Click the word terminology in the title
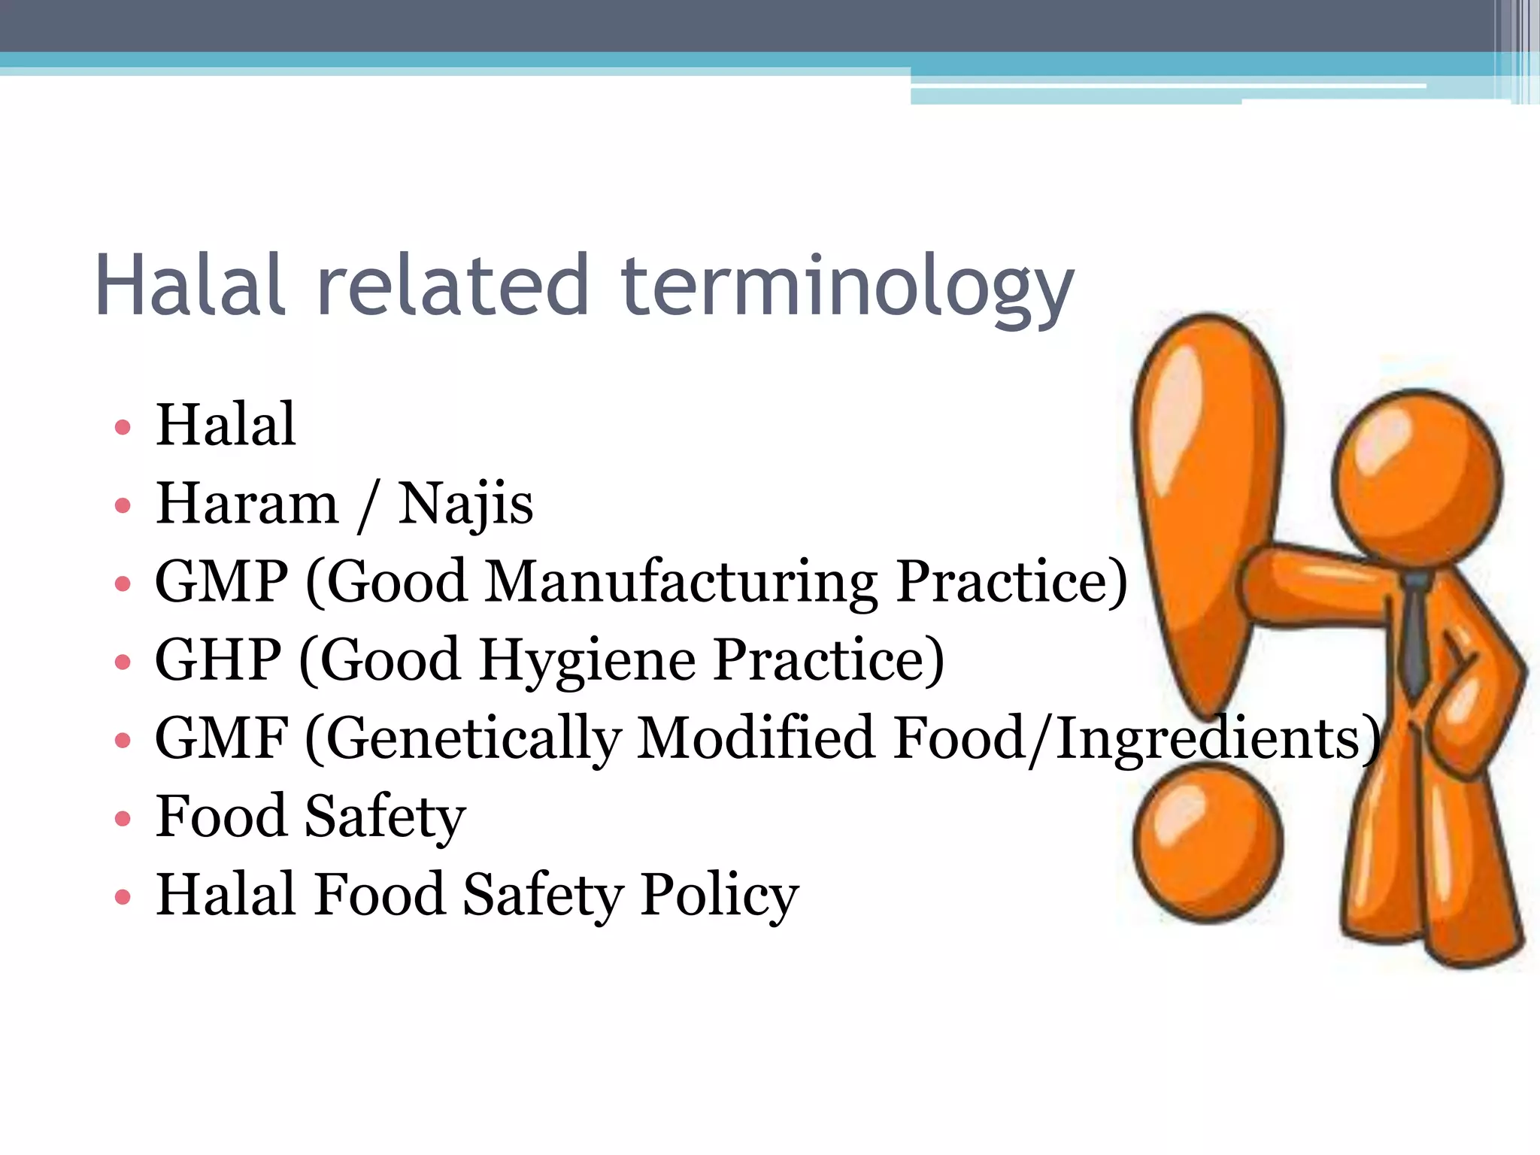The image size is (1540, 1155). [x=847, y=287]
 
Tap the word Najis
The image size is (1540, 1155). [x=465, y=504]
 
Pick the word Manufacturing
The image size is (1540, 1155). [x=681, y=583]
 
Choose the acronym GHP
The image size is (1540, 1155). [x=218, y=659]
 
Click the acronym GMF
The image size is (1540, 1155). [x=221, y=738]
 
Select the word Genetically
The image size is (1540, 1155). [x=473, y=739]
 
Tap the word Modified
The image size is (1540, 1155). [x=756, y=738]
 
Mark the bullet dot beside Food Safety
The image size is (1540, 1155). [x=123, y=818]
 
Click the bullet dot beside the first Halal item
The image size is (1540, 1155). [x=123, y=428]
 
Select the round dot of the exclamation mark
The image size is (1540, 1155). [x=1208, y=841]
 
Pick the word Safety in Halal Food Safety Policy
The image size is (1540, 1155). [x=542, y=895]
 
